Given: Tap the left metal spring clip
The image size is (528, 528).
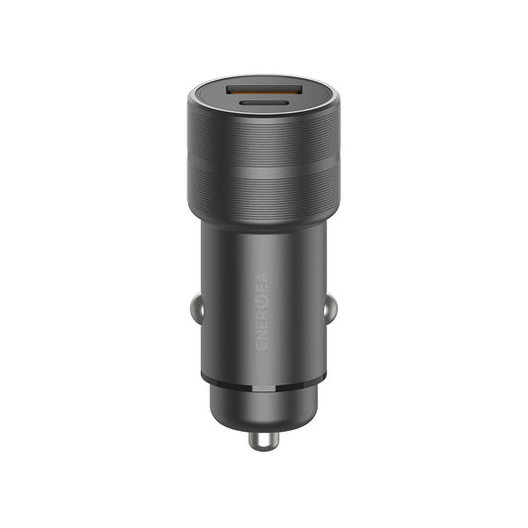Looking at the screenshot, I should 198,308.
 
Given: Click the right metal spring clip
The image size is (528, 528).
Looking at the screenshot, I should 330,308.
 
